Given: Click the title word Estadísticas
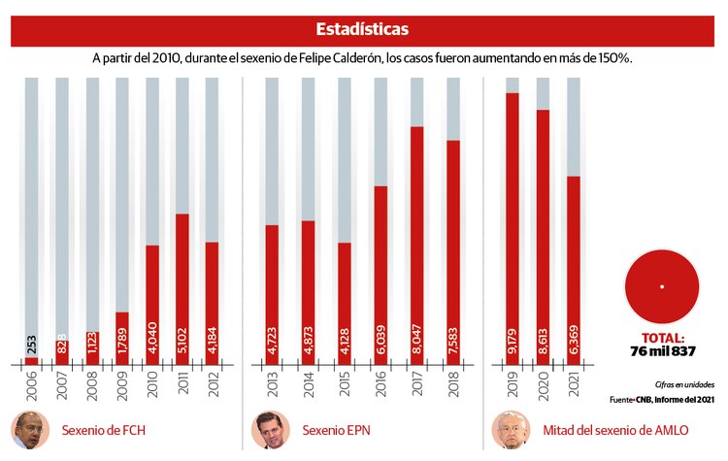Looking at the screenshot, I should pos(363,30).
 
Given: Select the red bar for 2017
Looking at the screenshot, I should pos(417,243).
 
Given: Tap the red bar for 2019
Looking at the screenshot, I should pos(512,228).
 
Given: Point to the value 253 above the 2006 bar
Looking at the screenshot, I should pos(32,344).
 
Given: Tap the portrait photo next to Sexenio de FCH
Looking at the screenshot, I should pos(28,430).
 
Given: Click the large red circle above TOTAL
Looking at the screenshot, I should pos(662,286).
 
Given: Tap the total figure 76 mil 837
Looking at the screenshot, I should pos(662,350).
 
